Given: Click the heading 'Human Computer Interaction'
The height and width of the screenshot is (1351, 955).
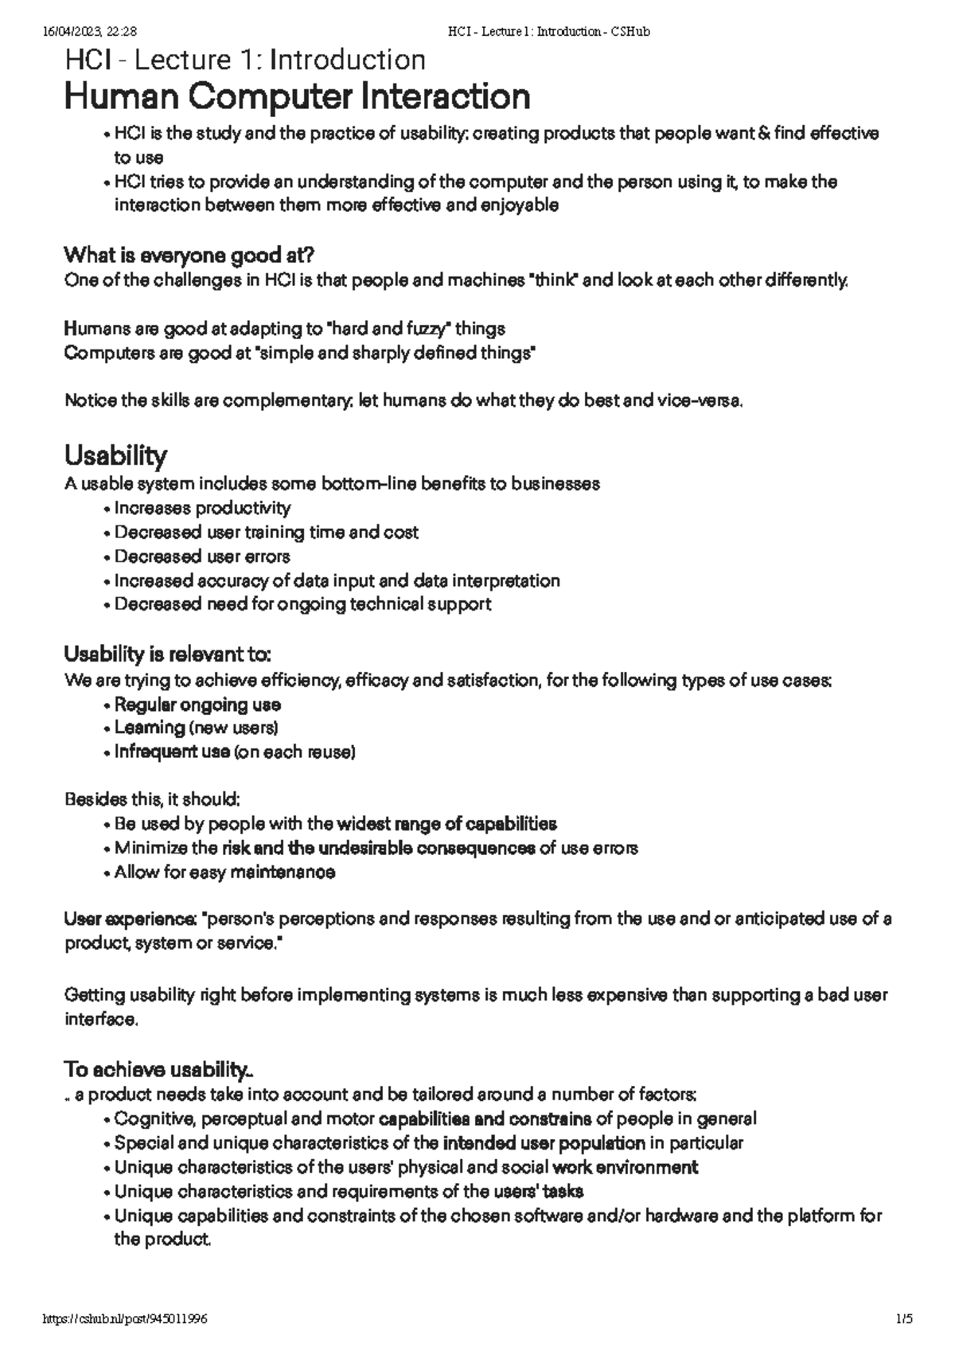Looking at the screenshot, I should pyautogui.click(x=297, y=97).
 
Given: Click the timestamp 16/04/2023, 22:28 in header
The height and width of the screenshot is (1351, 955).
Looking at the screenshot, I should pyautogui.click(x=88, y=32).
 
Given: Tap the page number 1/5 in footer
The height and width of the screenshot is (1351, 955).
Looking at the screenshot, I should pyautogui.click(x=903, y=1319).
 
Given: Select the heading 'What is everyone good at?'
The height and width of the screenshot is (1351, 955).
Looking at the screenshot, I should pyautogui.click(x=189, y=256).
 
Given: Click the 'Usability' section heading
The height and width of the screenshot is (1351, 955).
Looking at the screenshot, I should pyautogui.click(x=115, y=455).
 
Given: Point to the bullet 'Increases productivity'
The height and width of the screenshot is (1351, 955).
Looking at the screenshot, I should pyautogui.click(x=202, y=508).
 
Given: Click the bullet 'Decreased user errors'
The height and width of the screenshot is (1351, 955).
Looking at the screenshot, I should pyautogui.click(x=202, y=556).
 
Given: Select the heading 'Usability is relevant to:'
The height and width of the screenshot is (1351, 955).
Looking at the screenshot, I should pyautogui.click(x=168, y=655).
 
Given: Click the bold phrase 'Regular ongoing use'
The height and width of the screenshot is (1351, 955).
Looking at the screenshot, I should pyautogui.click(x=197, y=705).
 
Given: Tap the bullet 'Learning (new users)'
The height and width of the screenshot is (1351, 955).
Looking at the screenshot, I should pyautogui.click(x=196, y=728).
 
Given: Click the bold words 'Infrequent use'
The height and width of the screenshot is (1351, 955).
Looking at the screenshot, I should pyautogui.click(x=172, y=752).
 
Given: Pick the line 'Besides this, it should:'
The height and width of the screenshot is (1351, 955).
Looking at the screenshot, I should pyautogui.click(x=152, y=798).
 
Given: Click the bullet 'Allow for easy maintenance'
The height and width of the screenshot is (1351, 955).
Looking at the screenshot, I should pyautogui.click(x=224, y=873).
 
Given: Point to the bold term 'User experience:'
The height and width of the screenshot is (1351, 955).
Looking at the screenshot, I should pyautogui.click(x=131, y=920).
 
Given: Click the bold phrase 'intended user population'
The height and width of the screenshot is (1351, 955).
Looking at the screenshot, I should pyautogui.click(x=544, y=1144).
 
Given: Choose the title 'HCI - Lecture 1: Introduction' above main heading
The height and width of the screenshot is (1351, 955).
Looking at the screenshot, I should pyautogui.click(x=245, y=60).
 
